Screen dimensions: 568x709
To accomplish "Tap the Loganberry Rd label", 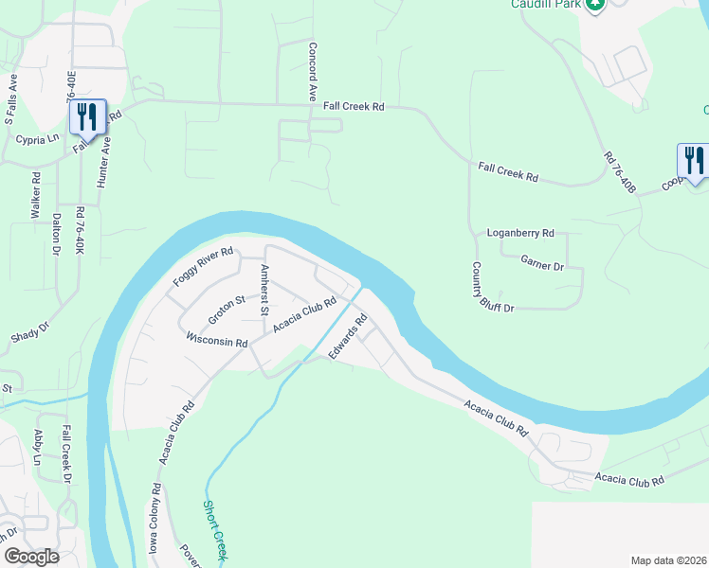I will (519, 232).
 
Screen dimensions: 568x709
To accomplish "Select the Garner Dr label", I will (542, 265).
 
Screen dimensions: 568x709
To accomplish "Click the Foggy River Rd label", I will (203, 267).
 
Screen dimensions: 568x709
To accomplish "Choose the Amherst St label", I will (265, 292).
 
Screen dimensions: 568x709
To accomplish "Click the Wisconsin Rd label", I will (216, 338).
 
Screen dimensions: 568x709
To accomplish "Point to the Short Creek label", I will (214, 531).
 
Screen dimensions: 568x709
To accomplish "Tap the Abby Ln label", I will (39, 446).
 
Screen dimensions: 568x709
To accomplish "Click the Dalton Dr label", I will (57, 231).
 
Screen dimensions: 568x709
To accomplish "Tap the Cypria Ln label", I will (37, 138).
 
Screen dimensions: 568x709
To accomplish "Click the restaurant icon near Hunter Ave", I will (86, 117).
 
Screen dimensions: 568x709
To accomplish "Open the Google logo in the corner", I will (30, 556).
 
